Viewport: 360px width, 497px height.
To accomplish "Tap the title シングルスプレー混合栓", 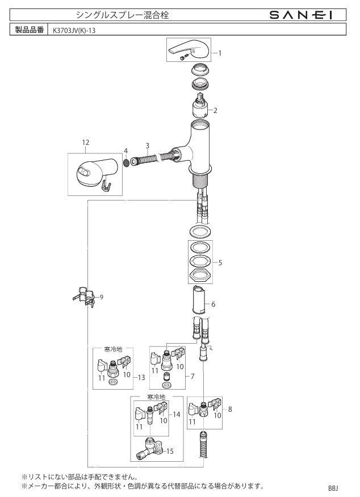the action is point(122,15).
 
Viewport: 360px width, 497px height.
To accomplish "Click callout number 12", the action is point(86,143).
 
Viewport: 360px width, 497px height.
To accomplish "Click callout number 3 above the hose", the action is point(148,145).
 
